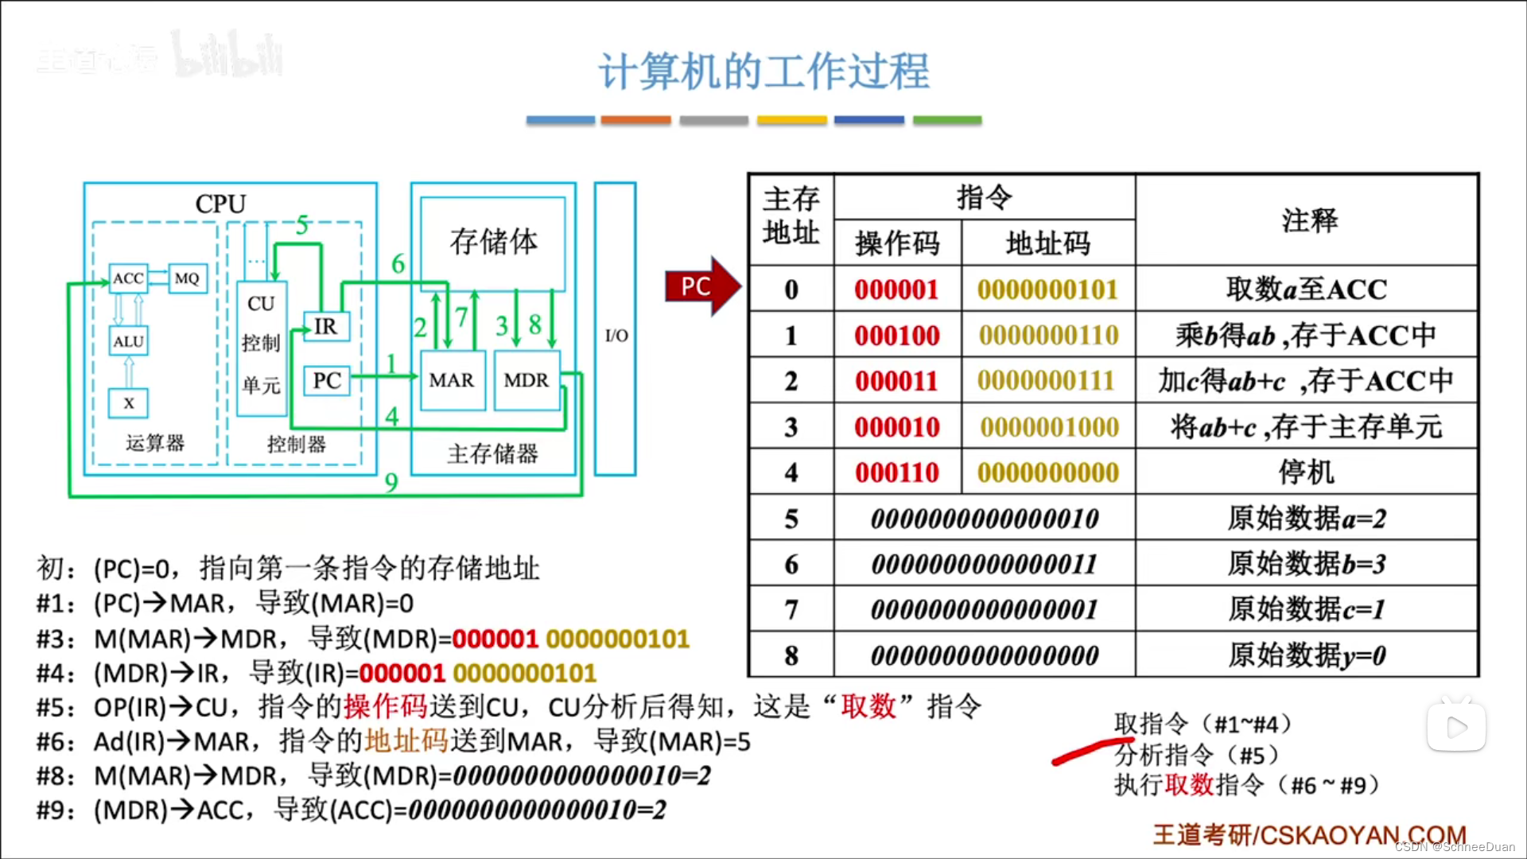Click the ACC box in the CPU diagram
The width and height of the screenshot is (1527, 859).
point(128,278)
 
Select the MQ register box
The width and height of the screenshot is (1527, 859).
point(187,278)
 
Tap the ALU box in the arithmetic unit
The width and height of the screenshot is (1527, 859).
point(128,341)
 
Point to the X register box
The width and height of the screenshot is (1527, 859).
point(129,403)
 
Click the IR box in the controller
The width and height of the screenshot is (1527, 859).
point(326,326)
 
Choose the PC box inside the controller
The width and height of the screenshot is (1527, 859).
point(327,380)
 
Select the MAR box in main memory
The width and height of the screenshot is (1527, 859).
point(452,380)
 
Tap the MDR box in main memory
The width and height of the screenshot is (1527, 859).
point(526,380)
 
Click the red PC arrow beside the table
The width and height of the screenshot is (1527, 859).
point(701,286)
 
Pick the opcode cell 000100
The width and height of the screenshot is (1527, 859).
point(897,336)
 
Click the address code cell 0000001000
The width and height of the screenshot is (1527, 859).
point(1049,427)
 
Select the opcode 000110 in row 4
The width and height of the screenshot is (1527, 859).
point(897,472)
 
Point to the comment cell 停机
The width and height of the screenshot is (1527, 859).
point(1307,472)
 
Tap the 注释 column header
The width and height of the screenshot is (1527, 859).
point(1308,220)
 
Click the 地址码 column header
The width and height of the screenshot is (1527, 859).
point(1048,243)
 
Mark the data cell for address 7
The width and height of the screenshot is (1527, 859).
point(985,610)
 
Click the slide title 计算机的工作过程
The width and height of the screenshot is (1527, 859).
point(763,72)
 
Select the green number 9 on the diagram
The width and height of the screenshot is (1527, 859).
point(391,482)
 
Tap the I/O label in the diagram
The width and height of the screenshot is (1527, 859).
point(616,336)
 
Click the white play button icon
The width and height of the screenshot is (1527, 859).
point(1456,726)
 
